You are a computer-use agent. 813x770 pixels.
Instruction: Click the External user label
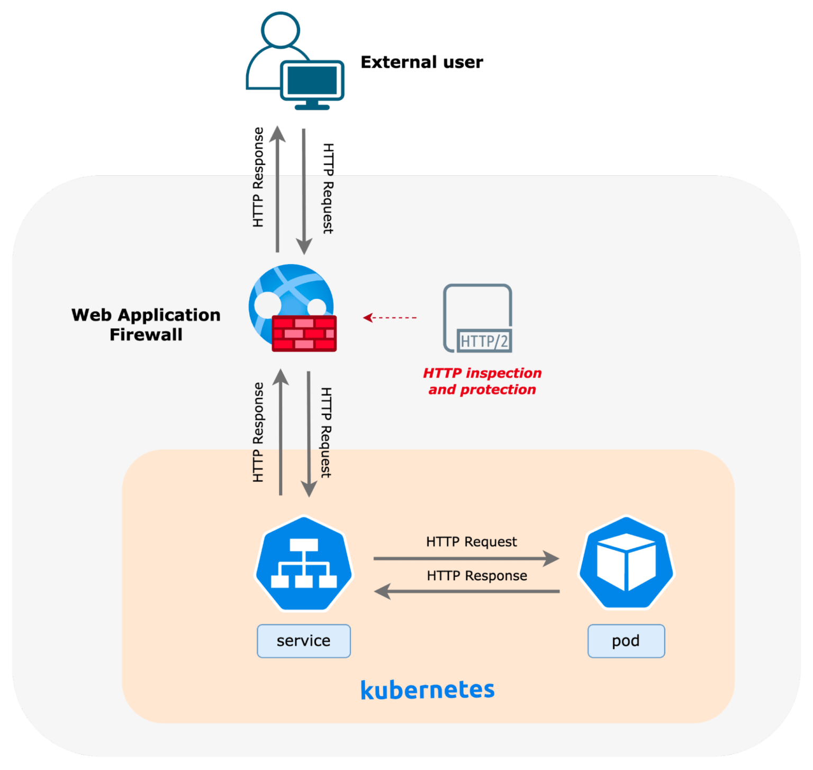[x=422, y=62]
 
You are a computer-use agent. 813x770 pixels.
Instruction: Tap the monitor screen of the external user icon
[x=312, y=79]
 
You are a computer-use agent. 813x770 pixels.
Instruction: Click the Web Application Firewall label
[x=146, y=325]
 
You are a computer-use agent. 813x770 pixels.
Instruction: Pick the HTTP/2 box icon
[x=477, y=318]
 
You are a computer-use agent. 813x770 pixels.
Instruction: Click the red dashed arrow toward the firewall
[x=390, y=318]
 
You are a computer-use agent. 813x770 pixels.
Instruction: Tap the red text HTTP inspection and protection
[x=482, y=381]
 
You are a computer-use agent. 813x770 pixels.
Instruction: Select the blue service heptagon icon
[x=304, y=563]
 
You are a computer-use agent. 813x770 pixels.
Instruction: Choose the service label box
[x=304, y=641]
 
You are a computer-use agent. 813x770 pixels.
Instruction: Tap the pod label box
[x=626, y=641]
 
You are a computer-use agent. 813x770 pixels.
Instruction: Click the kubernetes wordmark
[x=427, y=690]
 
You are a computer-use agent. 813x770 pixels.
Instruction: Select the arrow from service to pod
[x=466, y=558]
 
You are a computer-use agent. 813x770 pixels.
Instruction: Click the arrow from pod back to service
[x=466, y=591]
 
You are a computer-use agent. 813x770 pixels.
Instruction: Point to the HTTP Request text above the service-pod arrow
[x=471, y=542]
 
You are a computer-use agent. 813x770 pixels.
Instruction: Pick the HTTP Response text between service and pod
[x=477, y=576]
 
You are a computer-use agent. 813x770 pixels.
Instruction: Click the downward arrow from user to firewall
[x=304, y=191]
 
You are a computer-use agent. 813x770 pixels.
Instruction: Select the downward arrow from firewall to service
[x=309, y=434]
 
